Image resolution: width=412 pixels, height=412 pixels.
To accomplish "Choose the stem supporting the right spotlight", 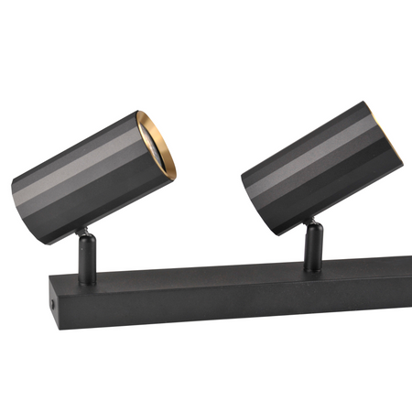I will (314, 245).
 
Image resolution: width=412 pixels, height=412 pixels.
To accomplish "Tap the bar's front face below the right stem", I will (316, 291).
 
